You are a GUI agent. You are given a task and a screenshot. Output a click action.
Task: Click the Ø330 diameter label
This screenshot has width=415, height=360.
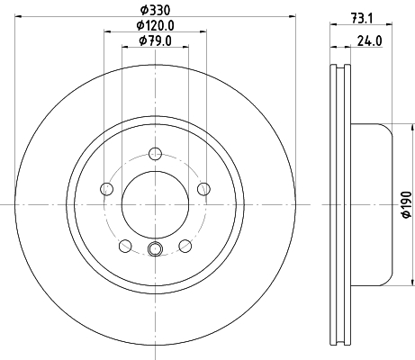tap(156, 11)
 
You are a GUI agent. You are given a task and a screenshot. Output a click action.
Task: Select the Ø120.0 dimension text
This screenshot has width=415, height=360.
tap(156, 25)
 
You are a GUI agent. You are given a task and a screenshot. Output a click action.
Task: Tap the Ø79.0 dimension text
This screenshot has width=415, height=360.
tap(156, 40)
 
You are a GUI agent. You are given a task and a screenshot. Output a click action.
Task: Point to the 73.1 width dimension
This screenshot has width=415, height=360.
tap(362, 19)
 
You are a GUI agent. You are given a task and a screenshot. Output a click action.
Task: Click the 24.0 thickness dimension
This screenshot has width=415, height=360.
tap(370, 40)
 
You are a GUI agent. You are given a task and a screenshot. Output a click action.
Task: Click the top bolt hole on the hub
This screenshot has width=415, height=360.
tap(155, 154)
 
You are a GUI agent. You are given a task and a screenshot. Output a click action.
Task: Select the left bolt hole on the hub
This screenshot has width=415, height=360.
tap(106, 189)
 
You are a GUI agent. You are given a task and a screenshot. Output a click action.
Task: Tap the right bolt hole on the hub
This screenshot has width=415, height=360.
tap(203, 189)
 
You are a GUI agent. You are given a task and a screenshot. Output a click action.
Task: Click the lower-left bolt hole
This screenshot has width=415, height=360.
tap(125, 246)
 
